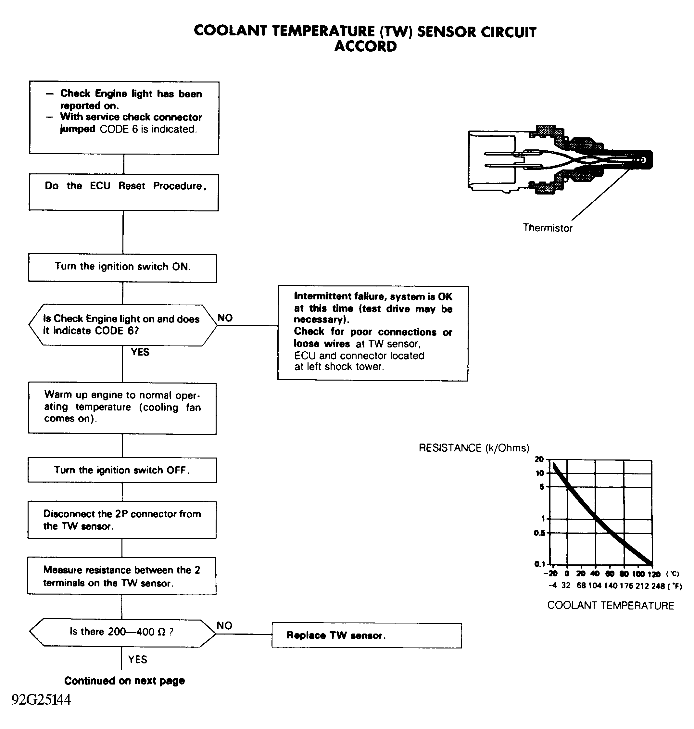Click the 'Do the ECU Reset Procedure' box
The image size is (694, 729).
(123, 192)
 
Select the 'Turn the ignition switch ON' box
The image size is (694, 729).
(122, 268)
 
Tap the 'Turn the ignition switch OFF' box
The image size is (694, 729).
(122, 470)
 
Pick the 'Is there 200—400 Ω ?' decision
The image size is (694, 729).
(122, 633)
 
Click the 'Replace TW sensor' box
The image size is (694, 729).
(367, 635)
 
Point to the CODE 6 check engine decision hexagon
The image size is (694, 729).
(123, 325)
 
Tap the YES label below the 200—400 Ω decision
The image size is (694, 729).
(138, 660)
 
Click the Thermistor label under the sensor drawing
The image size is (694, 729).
(548, 228)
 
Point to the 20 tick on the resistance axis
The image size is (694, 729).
(539, 459)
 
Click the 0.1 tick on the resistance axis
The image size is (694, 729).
(540, 564)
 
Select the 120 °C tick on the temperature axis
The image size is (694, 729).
(654, 574)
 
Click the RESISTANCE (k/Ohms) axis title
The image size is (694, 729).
(474, 448)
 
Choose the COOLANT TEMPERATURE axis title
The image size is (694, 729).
(611, 606)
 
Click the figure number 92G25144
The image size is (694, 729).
(41, 699)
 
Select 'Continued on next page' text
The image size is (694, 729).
(124, 681)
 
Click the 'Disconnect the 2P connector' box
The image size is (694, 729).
(122, 520)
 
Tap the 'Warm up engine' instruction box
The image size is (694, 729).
(122, 408)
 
